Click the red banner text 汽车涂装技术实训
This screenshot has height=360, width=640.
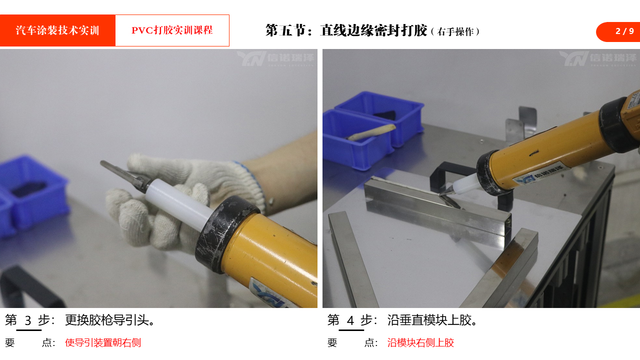[57, 30]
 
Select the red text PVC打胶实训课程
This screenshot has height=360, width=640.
[172, 30]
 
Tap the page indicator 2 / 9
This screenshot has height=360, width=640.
[624, 31]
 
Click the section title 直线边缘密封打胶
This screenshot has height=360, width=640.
[373, 30]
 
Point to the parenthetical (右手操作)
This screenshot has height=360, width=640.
[455, 31]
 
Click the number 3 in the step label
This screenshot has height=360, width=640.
[28, 320]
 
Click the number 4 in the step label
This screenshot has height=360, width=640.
[350, 320]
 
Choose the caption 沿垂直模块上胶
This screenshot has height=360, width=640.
[432, 320]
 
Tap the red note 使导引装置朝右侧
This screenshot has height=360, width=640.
[103, 342]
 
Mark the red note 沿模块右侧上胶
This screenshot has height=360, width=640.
[420, 342]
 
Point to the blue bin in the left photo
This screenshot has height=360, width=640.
[34, 197]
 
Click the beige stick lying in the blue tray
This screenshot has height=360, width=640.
[372, 132]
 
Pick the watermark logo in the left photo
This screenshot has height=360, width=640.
[275, 58]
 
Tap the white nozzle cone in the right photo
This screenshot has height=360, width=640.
[463, 185]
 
